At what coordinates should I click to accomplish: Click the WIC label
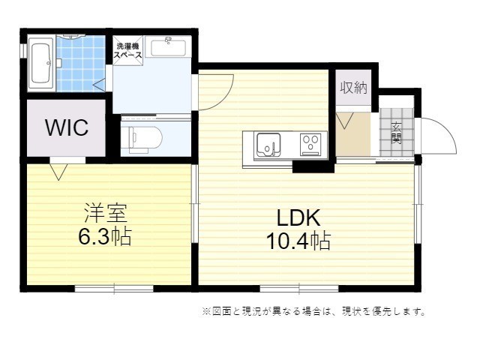click(67, 127)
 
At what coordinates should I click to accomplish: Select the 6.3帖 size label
click(105, 238)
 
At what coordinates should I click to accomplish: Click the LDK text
click(298, 218)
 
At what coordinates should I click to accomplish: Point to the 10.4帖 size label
click(298, 241)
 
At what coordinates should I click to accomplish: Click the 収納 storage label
click(353, 87)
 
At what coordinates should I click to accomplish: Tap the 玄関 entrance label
click(395, 133)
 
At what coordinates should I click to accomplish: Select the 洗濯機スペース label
click(128, 50)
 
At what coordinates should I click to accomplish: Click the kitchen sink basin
click(268, 143)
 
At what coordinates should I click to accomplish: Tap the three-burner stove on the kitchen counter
click(310, 143)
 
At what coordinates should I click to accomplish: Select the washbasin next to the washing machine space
click(168, 46)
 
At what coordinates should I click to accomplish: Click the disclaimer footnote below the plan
click(313, 310)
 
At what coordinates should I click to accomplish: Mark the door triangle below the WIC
click(58, 171)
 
